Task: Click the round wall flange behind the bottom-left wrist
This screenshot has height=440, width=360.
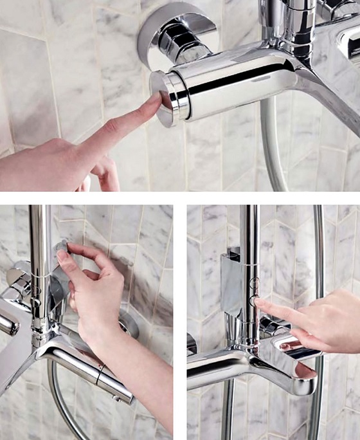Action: (129, 325)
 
